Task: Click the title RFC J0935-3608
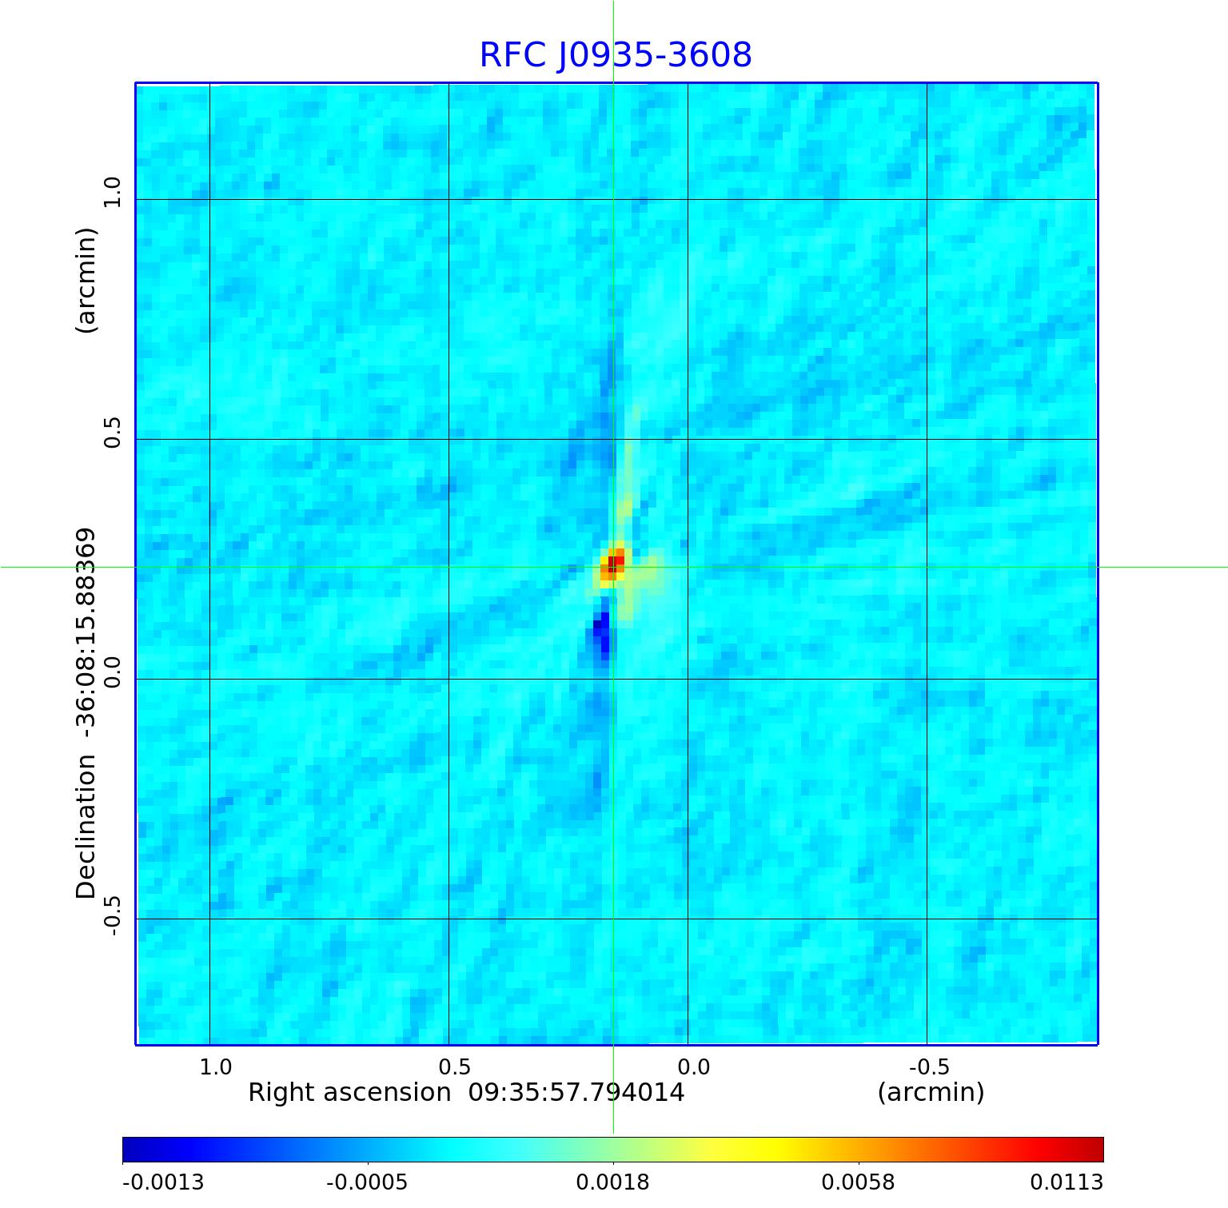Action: (x=616, y=55)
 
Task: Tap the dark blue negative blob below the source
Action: (x=601, y=633)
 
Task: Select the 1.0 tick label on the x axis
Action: (x=215, y=1066)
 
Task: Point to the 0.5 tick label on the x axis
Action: (x=454, y=1066)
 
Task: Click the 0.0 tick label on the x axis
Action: (x=693, y=1066)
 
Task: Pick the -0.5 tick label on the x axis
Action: (x=929, y=1066)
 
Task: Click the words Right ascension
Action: (x=349, y=1092)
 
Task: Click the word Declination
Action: (x=86, y=827)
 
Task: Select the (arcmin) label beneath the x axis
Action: (x=931, y=1092)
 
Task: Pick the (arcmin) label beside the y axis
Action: (x=86, y=280)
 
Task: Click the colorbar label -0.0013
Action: (x=163, y=1182)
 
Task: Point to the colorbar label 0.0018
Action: (x=613, y=1182)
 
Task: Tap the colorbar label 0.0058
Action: (x=858, y=1182)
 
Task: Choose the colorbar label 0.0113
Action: (x=1066, y=1182)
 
